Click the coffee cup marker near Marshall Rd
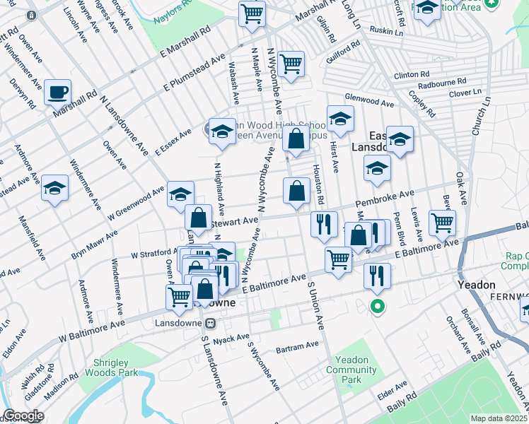tap(57, 93)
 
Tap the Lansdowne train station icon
tap(209, 323)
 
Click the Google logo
tap(23, 416)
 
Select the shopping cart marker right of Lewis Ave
tap(442, 223)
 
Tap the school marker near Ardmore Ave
tap(54, 189)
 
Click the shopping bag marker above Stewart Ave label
tap(199, 217)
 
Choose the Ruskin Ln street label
tap(385, 33)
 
